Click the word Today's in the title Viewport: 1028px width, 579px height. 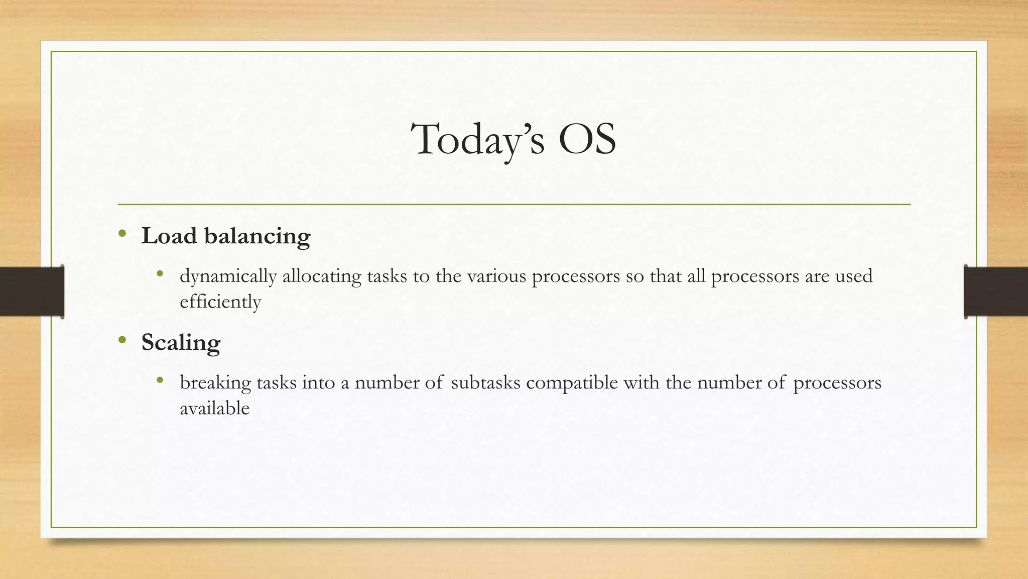click(477, 140)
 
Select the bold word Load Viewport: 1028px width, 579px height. click(169, 236)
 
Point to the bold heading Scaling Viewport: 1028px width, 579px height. click(181, 343)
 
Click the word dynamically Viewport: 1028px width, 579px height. click(228, 277)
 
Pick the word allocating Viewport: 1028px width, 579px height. click(321, 277)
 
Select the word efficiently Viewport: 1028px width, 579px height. click(220, 302)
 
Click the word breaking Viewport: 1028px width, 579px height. click(215, 383)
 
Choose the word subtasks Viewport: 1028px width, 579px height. click(485, 382)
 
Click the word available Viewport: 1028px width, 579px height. click(214, 408)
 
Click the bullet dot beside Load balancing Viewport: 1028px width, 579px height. click(122, 234)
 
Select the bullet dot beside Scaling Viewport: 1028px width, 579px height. click(122, 340)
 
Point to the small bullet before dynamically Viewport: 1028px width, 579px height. click(160, 274)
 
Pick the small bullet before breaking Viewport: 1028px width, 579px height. click(160, 380)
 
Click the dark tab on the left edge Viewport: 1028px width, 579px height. click(32, 292)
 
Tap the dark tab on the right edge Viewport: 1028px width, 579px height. click(996, 292)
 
